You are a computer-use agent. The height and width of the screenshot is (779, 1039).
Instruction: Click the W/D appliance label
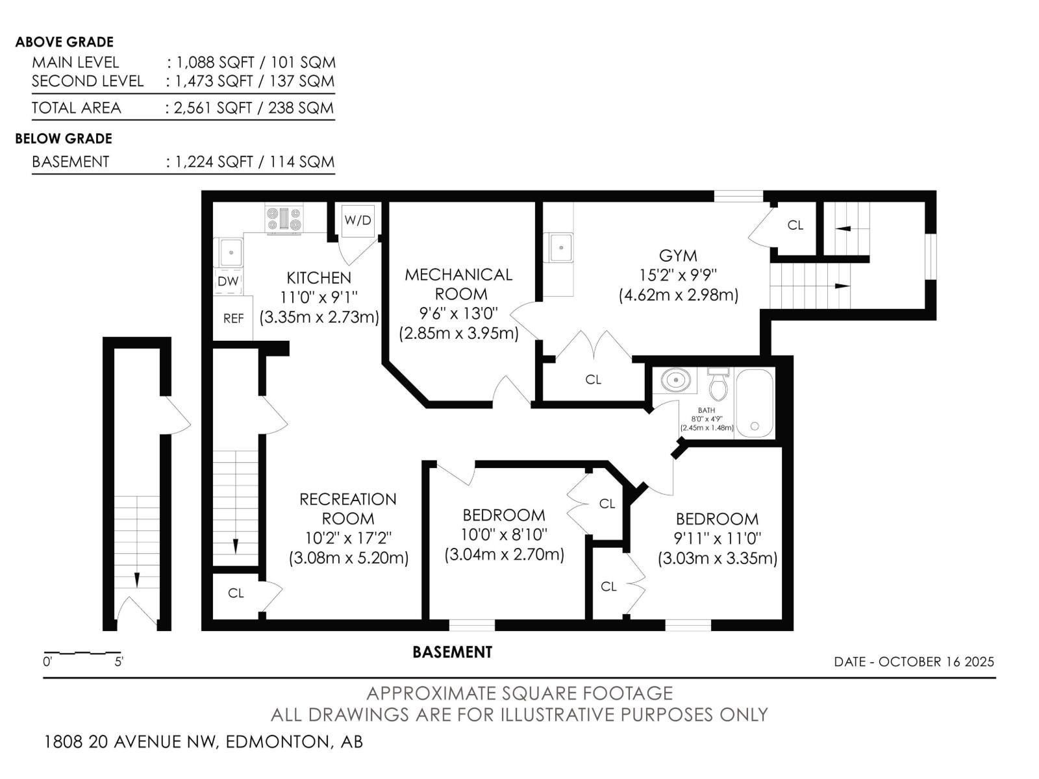[358, 220]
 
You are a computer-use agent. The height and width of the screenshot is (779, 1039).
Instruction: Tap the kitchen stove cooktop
[284, 220]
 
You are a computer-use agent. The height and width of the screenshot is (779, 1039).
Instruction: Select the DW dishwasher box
[228, 282]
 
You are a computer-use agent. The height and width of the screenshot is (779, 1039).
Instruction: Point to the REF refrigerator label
[233, 319]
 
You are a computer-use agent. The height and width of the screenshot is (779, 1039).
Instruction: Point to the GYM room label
[678, 256]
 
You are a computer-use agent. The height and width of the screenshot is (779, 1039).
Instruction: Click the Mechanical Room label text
[458, 284]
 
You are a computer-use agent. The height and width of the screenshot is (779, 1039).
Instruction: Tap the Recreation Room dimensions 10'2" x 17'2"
[348, 538]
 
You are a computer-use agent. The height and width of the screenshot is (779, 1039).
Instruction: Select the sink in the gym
[560, 247]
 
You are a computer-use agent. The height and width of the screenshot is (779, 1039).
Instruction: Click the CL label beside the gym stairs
[795, 225]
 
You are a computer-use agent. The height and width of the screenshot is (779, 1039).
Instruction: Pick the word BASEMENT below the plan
[452, 652]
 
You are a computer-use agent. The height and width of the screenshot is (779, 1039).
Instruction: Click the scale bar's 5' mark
[119, 662]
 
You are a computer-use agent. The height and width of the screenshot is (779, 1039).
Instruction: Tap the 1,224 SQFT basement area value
[214, 162]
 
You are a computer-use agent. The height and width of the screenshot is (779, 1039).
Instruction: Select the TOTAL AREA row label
[76, 108]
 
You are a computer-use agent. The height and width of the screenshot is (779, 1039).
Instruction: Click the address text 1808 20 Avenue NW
[131, 741]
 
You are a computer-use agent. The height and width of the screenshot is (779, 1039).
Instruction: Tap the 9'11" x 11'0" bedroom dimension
[717, 539]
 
